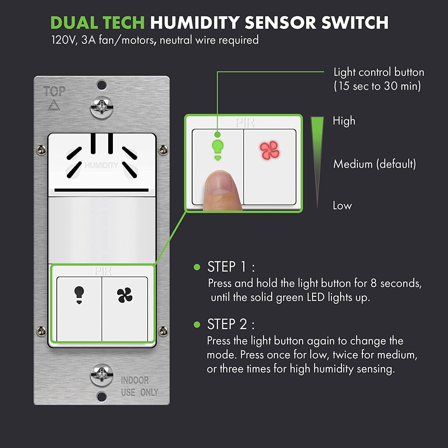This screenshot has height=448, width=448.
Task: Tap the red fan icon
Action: (269, 150)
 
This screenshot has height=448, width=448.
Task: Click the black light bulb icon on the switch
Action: (79, 295)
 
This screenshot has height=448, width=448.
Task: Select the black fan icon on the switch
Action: (125, 295)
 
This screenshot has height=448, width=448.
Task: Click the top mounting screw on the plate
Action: (102, 107)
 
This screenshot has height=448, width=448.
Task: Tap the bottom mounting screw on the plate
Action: (102, 375)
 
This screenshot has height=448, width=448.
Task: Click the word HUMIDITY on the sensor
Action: (101, 165)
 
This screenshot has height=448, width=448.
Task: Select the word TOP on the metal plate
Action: (54, 91)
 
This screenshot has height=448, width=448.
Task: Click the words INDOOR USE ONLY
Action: (139, 386)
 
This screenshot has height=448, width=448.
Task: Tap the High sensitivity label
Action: (344, 121)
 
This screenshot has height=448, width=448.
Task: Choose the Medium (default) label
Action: (375, 164)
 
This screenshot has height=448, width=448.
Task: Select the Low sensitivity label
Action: (342, 205)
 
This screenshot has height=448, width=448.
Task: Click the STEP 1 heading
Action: (231, 267)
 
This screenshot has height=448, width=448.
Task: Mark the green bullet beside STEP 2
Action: (197, 324)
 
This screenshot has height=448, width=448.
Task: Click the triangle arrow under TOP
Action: (54, 105)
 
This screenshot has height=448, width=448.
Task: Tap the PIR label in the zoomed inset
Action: (245, 122)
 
